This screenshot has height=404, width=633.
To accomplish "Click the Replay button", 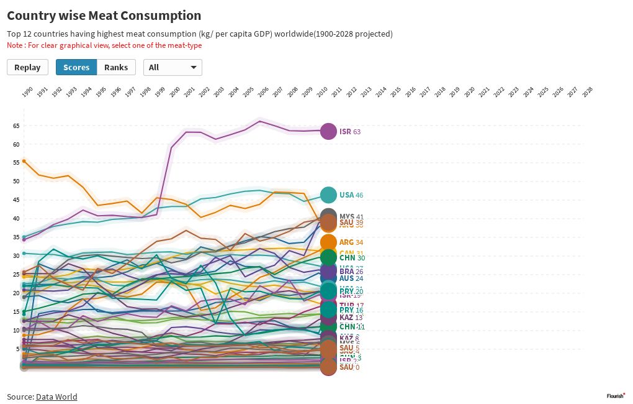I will pos(27,67).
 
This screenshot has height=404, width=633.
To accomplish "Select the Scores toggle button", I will pos(76,67).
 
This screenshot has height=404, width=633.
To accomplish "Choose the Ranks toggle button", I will pos(116,67).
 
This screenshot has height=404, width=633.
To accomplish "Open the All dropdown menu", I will pos(173,67).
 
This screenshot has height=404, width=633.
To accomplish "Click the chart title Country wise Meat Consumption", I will pos(104,16).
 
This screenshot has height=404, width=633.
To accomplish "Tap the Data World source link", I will pos(56,397).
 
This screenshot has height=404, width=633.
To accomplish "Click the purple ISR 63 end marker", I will pos(328,132).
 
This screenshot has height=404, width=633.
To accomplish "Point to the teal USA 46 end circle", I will pos(328,195).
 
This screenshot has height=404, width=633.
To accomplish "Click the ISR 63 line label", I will pos(350,132).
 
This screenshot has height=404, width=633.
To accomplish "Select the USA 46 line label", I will pos(351,195).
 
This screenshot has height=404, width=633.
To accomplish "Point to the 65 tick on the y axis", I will pos(16,126).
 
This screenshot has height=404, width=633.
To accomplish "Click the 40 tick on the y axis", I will pos(16,219).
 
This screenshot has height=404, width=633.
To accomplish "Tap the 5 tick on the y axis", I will pos(17,349).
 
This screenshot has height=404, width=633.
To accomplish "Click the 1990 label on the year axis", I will pos(27,91).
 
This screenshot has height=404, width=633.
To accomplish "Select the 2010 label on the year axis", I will pos(321,91).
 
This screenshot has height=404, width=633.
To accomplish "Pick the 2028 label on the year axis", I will pos(587,91).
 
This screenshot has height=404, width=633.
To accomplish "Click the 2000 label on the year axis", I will pos(174,91).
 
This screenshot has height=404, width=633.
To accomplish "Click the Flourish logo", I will pos(615,395).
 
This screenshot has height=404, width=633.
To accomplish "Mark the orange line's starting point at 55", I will pos(24,161).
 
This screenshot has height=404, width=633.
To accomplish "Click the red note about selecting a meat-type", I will pos(104,45).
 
